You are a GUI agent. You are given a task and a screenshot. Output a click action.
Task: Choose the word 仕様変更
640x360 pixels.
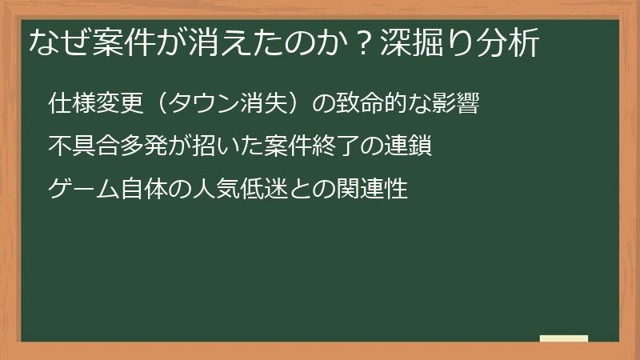[x=93, y=104]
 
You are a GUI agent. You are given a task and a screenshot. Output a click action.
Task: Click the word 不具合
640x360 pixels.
[x=82, y=147]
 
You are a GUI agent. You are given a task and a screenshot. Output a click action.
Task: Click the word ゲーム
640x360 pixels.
[x=82, y=190]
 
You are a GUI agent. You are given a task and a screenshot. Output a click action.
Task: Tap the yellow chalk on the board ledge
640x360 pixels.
[x=564, y=338]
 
